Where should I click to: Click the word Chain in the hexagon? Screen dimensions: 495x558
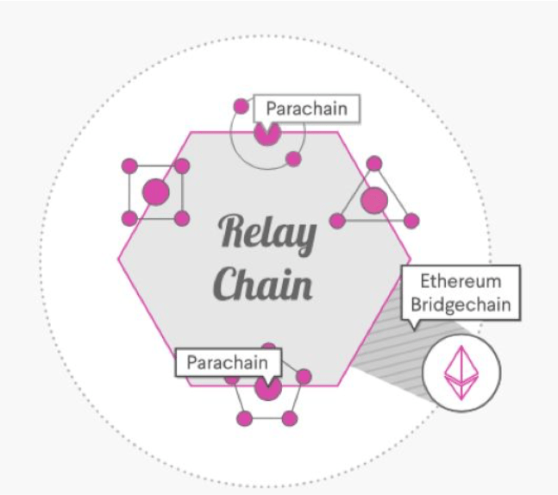pyautogui.click(x=263, y=282)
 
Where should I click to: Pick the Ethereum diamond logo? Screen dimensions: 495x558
pyautogui.click(x=461, y=372)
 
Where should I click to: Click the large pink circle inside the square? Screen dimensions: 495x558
pyautogui.click(x=155, y=192)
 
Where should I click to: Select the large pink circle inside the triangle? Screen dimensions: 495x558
pyautogui.click(x=374, y=201)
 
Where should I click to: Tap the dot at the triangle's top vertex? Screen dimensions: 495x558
pyautogui.click(x=374, y=163)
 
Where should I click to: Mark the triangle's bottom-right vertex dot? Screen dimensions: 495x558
pyautogui.click(x=411, y=221)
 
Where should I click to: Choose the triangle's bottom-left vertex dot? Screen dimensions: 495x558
pyautogui.click(x=338, y=221)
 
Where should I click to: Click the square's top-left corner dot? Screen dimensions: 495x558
pyautogui.click(x=129, y=166)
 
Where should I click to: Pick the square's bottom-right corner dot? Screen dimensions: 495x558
pyautogui.click(x=182, y=218)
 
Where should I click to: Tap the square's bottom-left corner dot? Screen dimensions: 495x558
pyautogui.click(x=129, y=218)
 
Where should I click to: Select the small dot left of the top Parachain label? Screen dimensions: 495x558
pyautogui.click(x=241, y=107)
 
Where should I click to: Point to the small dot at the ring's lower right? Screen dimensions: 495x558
pyautogui.click(x=293, y=159)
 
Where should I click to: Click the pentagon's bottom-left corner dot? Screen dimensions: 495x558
pyautogui.click(x=244, y=418)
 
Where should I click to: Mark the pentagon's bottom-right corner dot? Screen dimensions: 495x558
pyautogui.click(x=290, y=418)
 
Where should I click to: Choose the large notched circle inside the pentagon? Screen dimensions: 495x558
pyautogui.click(x=267, y=389)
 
